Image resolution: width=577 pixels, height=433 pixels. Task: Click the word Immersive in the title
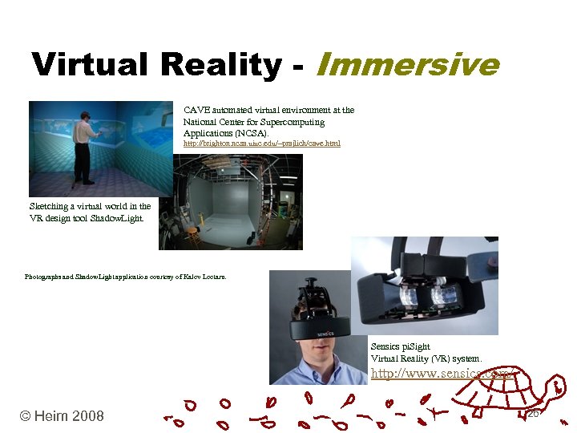point(408,64)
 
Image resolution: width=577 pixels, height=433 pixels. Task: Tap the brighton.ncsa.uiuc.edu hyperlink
point(261,144)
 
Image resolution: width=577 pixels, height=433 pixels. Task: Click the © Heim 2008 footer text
point(62,415)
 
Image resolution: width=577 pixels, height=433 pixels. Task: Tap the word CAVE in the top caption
point(196,110)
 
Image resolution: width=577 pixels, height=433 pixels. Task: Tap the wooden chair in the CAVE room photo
point(192,234)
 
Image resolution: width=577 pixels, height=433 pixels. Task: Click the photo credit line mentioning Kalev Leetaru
point(126,277)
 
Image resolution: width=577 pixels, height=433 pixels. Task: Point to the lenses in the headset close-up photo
point(430,297)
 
